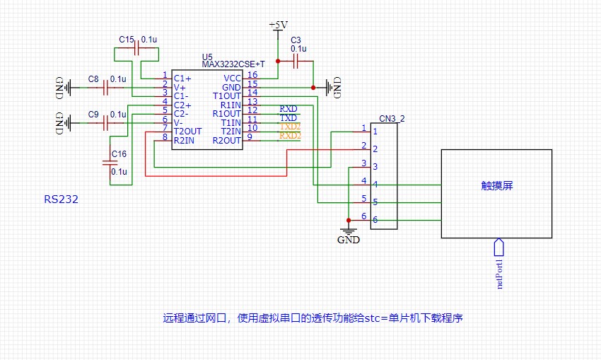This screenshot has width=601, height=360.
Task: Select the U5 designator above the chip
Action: click(x=206, y=57)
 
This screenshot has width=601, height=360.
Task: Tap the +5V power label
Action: click(x=279, y=25)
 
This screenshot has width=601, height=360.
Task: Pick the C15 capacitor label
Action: click(x=126, y=40)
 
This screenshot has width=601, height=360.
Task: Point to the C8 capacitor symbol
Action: click(x=107, y=88)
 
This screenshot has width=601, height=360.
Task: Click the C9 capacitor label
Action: click(x=93, y=114)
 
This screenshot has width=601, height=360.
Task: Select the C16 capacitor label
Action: click(x=119, y=154)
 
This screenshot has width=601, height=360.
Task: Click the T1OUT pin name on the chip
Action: click(x=227, y=95)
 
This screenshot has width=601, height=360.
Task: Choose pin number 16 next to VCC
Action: click(x=252, y=75)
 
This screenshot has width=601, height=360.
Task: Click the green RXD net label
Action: click(x=288, y=109)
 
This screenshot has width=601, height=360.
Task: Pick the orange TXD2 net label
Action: click(x=290, y=126)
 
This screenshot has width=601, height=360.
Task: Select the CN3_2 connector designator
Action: click(x=392, y=118)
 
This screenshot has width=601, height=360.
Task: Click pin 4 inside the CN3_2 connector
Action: click(x=375, y=185)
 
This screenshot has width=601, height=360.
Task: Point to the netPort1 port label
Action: click(x=499, y=273)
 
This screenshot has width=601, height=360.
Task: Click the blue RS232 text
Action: click(x=61, y=200)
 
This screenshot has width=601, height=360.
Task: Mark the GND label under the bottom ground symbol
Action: click(x=348, y=240)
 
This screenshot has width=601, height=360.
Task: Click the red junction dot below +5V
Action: click(x=279, y=62)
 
